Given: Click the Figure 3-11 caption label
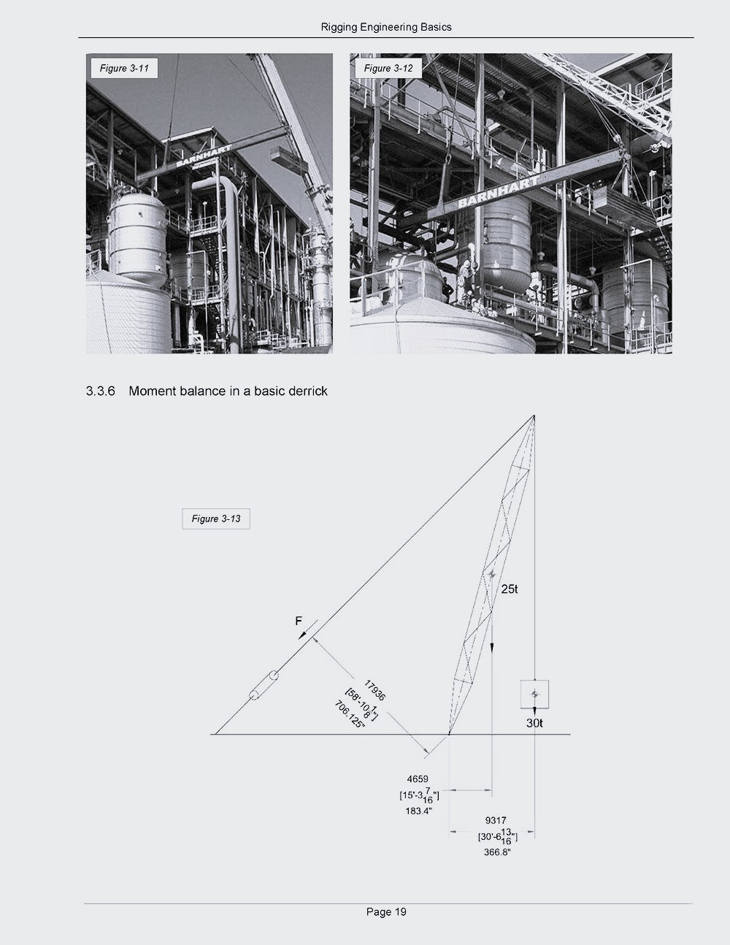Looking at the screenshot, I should [x=124, y=69].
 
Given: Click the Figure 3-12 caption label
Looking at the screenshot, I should [x=388, y=69].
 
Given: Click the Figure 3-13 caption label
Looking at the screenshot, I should [x=216, y=519].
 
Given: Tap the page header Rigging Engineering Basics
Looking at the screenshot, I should [x=386, y=27].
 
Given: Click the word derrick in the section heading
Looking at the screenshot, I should [x=306, y=391].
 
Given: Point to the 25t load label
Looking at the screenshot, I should [x=510, y=589].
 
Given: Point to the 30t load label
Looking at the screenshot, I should [x=534, y=723].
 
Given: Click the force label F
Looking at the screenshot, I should [x=298, y=621].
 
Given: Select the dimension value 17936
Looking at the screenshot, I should [x=374, y=691].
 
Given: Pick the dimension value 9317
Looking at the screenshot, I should [x=496, y=820].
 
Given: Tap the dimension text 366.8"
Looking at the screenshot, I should [x=496, y=852].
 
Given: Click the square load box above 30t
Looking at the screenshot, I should [x=534, y=695].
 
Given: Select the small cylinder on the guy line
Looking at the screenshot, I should [x=264, y=685].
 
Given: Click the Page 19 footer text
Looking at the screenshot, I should [x=386, y=911].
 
